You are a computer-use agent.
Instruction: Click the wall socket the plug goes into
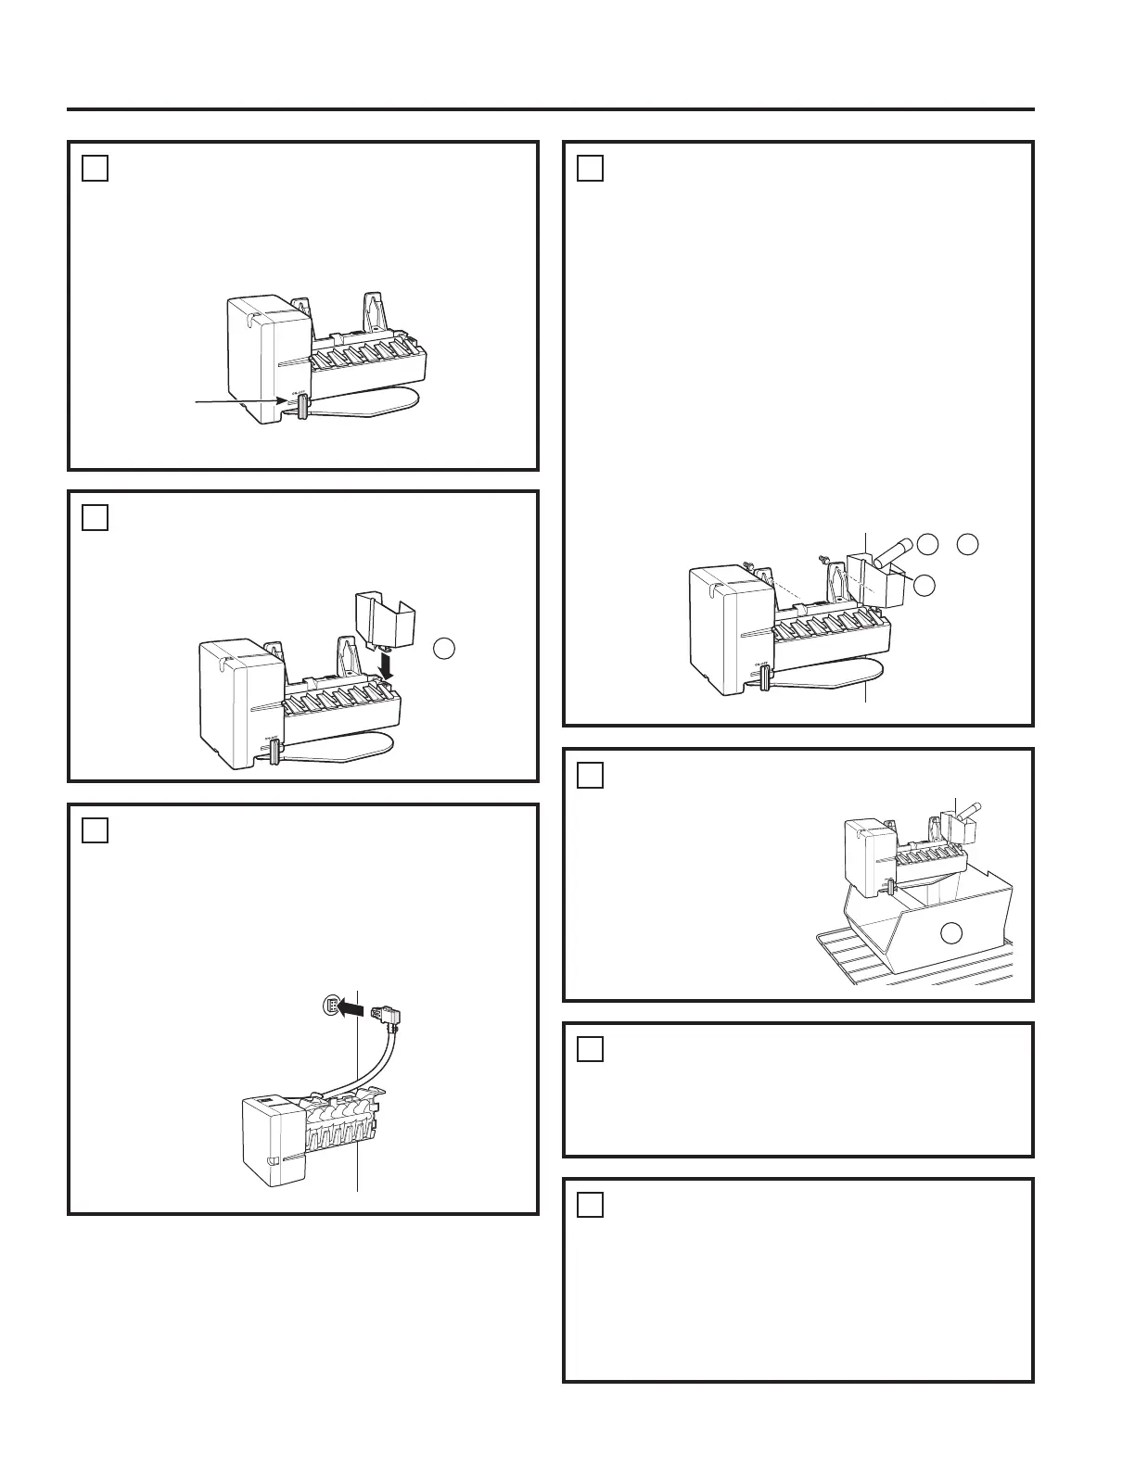coord(329,1005)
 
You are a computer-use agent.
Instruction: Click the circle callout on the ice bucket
coord(950,932)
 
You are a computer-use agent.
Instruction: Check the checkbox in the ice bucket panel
coord(590,775)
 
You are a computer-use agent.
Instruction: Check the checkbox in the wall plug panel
coord(95,830)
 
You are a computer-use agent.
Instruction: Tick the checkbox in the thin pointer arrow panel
coord(95,168)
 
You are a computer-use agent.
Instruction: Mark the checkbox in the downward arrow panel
coord(95,517)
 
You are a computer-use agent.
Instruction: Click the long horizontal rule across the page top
coord(551,109)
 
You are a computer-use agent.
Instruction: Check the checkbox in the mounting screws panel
coord(590,168)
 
